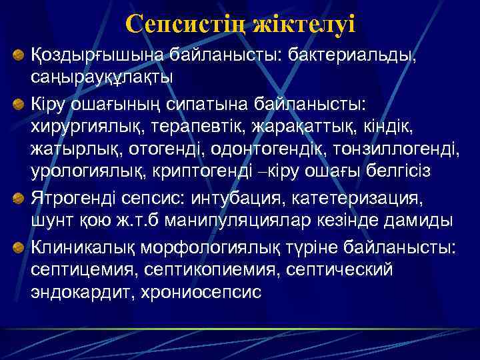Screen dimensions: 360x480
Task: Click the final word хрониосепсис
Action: (x=204, y=292)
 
